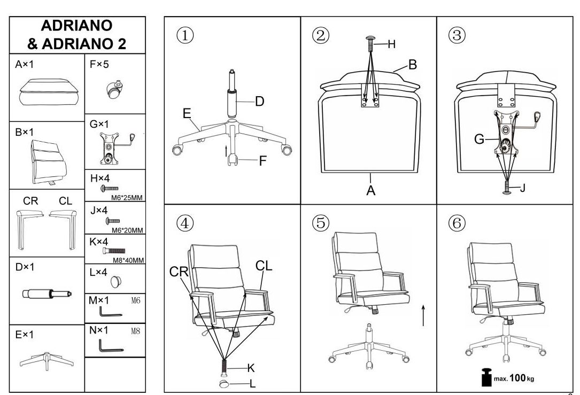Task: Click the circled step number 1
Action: click(185, 35)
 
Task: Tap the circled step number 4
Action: click(185, 223)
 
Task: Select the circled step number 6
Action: click(457, 223)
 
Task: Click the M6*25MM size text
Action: click(127, 198)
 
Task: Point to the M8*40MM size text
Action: click(128, 260)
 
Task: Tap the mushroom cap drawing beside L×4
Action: click(116, 282)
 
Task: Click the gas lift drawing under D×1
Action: click(47, 294)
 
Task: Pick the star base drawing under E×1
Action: click(47, 361)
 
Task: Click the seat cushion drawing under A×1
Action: click(49, 92)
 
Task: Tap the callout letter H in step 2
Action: click(392, 44)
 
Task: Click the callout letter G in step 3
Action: click(479, 139)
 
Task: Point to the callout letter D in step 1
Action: click(260, 102)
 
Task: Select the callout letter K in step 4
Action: click(251, 368)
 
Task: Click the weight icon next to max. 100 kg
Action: click(487, 377)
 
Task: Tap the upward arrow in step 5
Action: click(423, 315)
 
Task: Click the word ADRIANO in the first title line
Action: click(76, 26)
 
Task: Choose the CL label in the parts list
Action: click(65, 201)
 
